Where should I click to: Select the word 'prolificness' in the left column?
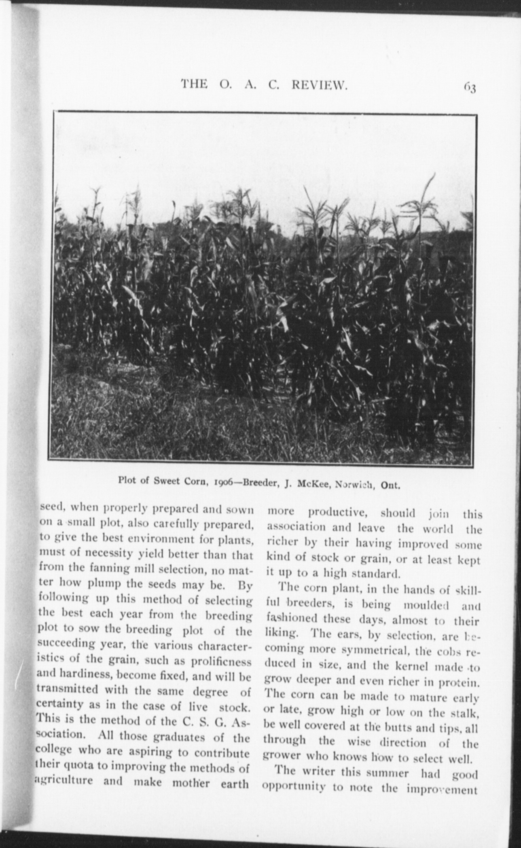[227, 662]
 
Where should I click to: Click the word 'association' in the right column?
[290, 528]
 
